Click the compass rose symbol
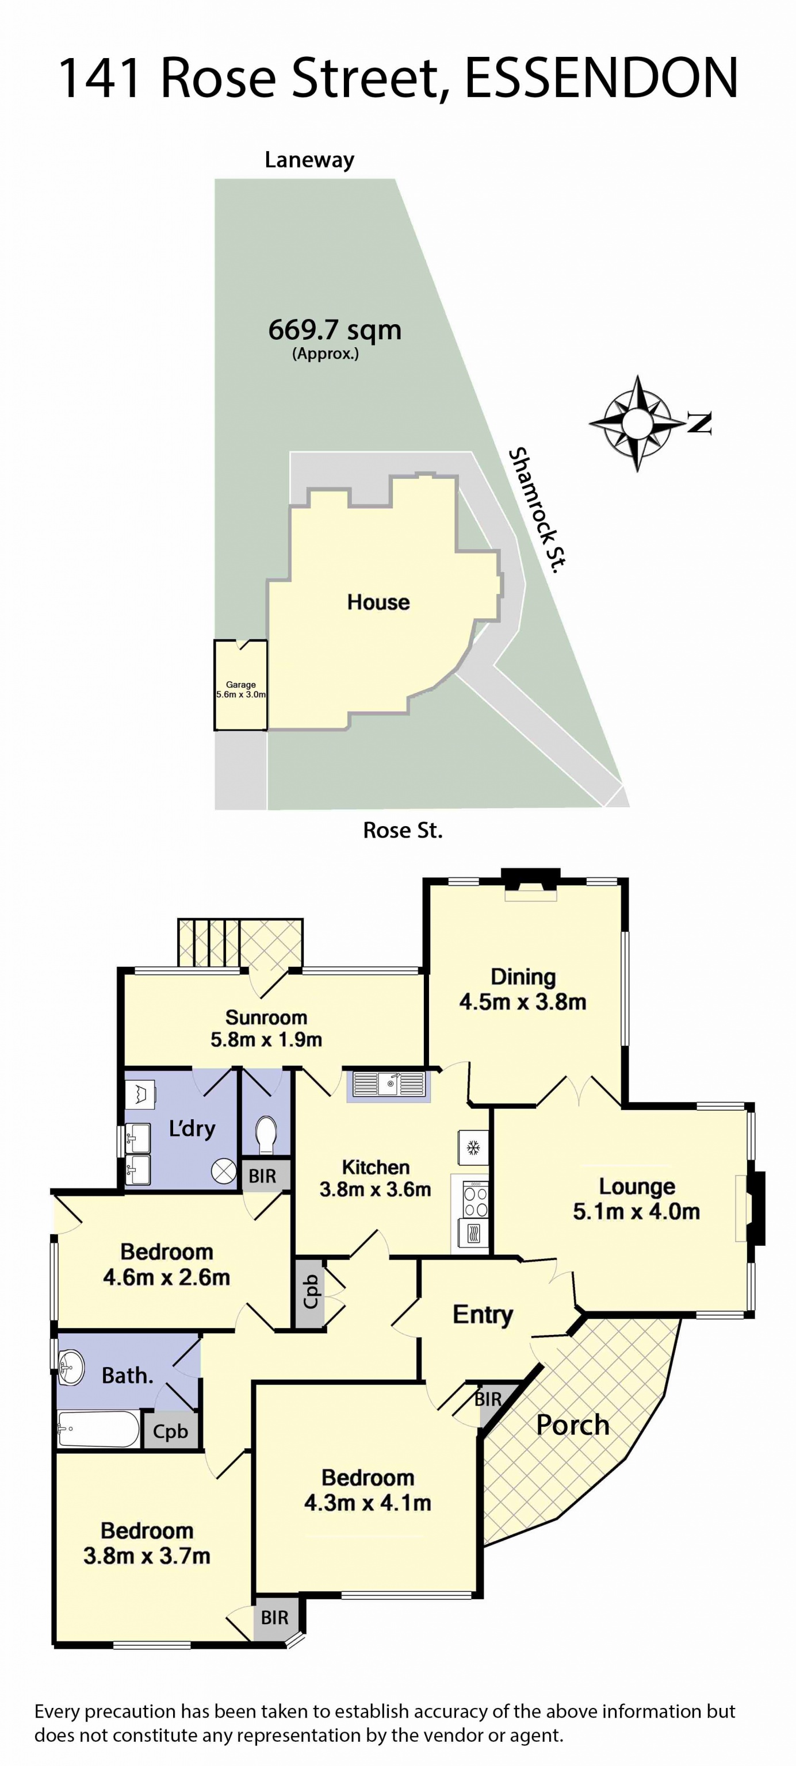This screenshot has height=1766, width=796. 638,423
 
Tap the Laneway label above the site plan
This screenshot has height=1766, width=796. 309,160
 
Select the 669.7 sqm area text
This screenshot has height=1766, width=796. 335,331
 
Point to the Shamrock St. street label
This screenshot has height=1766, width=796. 538,509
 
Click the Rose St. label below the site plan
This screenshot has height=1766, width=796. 403,830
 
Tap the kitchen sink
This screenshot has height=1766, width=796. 388,1084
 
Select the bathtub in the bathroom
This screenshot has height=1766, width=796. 98,1429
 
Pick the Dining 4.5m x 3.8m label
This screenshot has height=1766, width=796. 523,989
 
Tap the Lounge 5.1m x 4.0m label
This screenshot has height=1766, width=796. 636,1199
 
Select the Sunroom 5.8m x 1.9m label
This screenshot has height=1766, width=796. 266,1028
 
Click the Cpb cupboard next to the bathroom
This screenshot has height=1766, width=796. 170,1431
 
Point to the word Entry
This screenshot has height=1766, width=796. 483,1314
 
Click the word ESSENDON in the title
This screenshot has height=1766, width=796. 601,78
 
